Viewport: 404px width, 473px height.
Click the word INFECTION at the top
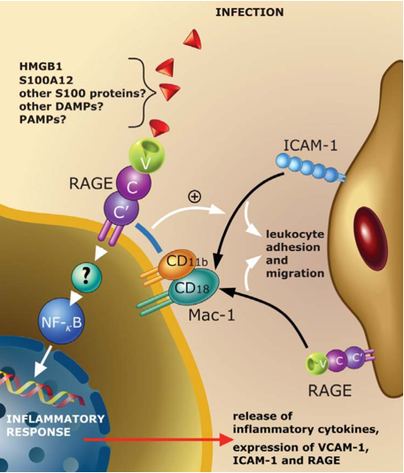pos(250,12)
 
